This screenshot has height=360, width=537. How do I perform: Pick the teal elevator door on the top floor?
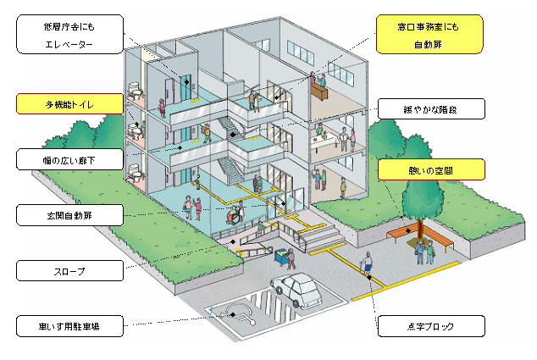[180, 86]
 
